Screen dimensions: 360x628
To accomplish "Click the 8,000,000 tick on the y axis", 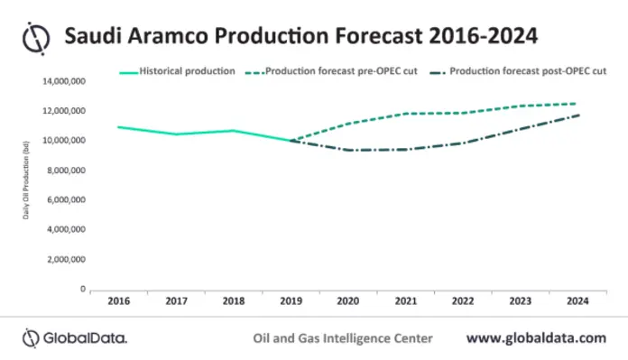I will coord(65,171).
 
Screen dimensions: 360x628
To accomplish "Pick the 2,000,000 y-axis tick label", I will coord(65,260).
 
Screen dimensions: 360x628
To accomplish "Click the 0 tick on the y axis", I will coord(82,290).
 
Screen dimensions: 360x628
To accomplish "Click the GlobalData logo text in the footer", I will coord(76,338).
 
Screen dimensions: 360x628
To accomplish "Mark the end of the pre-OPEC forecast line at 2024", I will coord(578,104).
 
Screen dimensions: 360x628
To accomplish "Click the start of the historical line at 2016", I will coord(117,127).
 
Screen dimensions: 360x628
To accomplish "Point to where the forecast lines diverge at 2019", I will coord(291,141).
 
